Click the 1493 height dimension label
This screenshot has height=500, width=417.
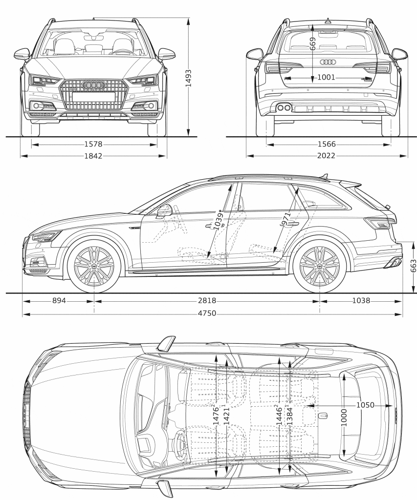pyautogui.click(x=188, y=78)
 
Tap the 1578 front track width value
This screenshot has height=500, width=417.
pyautogui.click(x=93, y=145)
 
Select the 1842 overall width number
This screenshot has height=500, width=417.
pyautogui.click(x=93, y=156)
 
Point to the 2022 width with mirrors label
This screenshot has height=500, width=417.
pyautogui.click(x=327, y=156)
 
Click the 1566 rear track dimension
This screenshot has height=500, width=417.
pyautogui.click(x=327, y=145)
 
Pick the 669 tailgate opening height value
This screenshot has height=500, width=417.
pyautogui.click(x=312, y=43)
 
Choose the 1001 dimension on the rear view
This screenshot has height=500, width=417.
pyautogui.click(x=327, y=77)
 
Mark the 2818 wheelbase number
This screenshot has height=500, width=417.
pyautogui.click(x=207, y=301)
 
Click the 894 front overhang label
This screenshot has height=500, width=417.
pyautogui.click(x=59, y=301)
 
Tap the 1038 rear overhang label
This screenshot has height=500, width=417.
pyautogui.click(x=361, y=301)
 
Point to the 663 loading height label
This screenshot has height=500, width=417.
pyautogui.click(x=413, y=266)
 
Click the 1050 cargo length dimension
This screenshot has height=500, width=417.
pyautogui.click(x=365, y=405)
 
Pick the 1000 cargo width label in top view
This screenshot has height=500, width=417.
pyautogui.click(x=344, y=418)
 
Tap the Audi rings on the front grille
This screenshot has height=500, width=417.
pyautogui.click(x=93, y=85)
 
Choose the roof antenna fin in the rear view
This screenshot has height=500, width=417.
pyautogui.click(x=328, y=21)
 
